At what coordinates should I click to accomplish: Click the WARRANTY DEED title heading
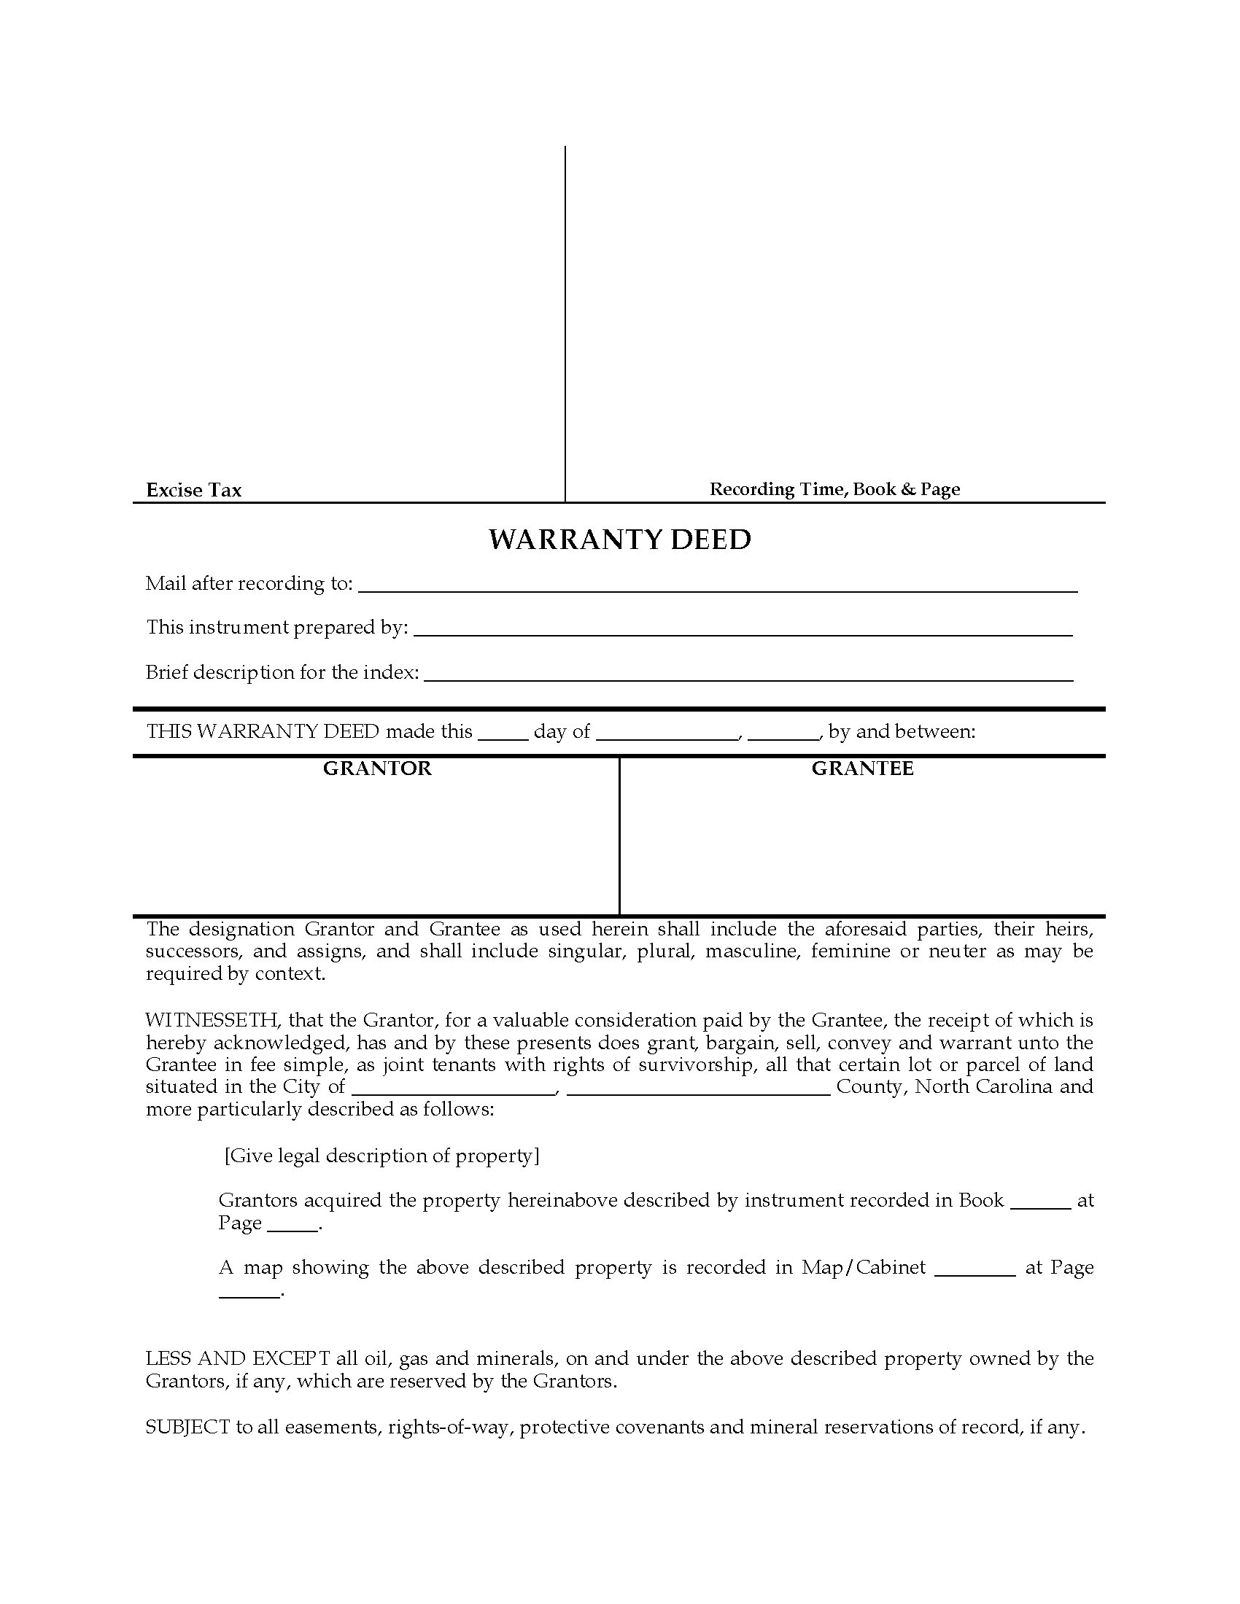620,540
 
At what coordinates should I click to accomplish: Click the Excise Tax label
194,490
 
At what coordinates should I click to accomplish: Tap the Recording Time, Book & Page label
834,489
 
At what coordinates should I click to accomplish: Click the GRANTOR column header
378,768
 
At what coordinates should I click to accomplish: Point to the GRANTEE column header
862,768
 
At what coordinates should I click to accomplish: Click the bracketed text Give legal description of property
382,1156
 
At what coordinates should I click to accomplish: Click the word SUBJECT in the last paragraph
187,1427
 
